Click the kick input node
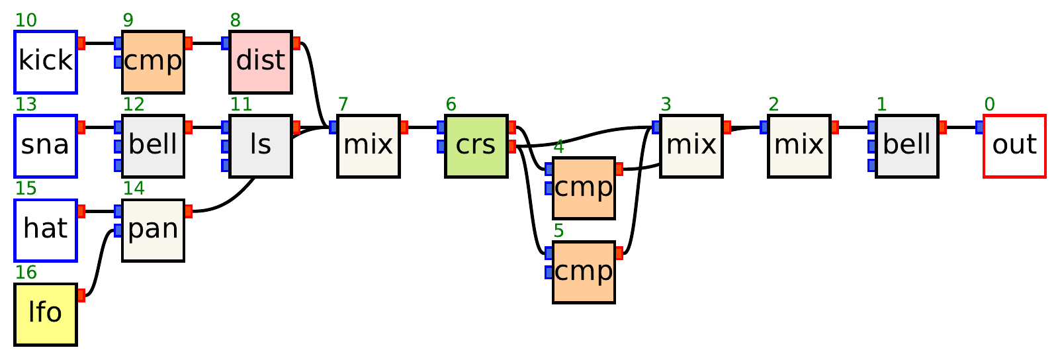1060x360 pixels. [x=46, y=62]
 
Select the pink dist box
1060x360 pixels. [x=261, y=62]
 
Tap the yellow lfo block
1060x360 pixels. [x=46, y=314]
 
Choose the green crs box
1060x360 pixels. [x=476, y=146]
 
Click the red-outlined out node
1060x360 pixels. [x=1014, y=146]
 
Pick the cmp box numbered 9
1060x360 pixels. [x=153, y=62]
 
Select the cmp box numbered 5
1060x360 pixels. [x=584, y=273]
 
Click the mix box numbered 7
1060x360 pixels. [x=369, y=146]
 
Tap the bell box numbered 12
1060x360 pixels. [x=153, y=146]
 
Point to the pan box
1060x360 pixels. [x=153, y=230]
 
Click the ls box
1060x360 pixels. [x=261, y=146]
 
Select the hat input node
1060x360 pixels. [x=46, y=230]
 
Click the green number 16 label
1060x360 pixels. [x=26, y=273]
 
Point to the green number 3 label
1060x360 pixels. [x=666, y=105]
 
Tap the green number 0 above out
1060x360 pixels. [x=989, y=105]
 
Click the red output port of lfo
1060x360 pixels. [x=81, y=295]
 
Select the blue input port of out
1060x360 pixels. [x=979, y=127]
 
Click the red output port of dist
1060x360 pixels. [x=296, y=44]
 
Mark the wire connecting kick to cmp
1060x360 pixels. [x=100, y=44]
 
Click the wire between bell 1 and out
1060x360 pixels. [x=961, y=127]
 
